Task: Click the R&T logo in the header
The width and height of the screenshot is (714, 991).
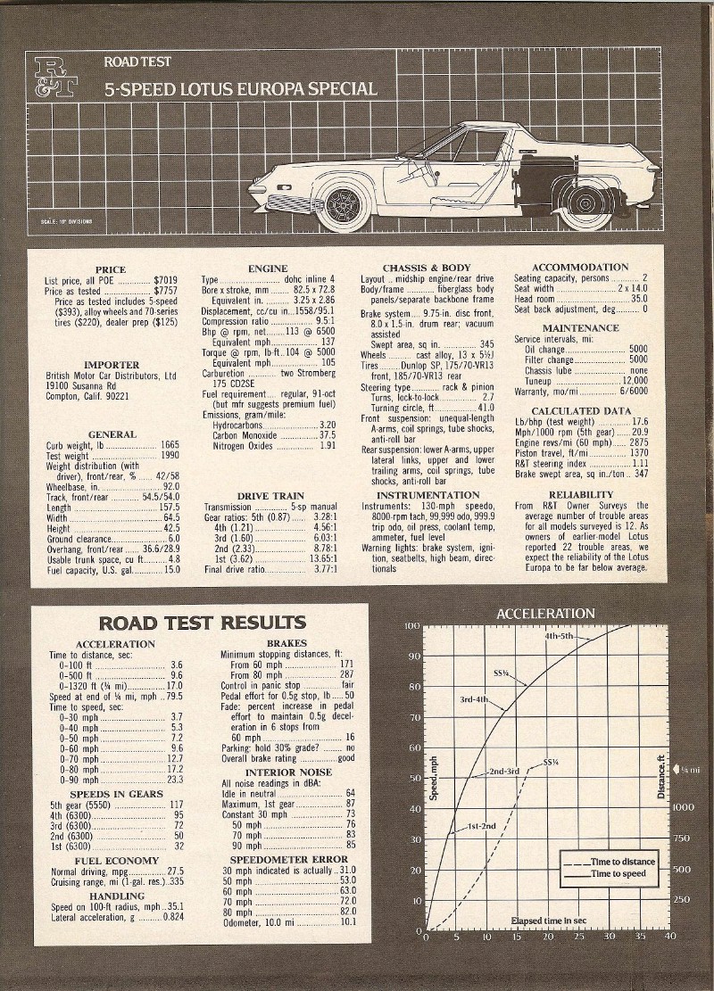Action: [x=55, y=76]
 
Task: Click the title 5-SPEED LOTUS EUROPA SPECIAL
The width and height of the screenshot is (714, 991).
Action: [x=240, y=89]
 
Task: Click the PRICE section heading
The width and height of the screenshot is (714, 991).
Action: [x=111, y=268]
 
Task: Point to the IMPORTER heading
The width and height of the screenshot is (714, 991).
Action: [x=111, y=365]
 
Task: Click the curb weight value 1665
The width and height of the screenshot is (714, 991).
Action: [x=170, y=444]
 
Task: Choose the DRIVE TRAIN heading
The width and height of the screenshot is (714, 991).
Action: [x=270, y=496]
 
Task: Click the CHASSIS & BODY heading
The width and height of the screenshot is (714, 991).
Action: [x=427, y=268]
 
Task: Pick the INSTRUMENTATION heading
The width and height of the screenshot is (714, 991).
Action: [x=428, y=495]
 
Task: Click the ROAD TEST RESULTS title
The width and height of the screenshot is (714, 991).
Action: [x=202, y=622]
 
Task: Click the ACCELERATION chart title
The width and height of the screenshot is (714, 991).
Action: [x=545, y=614]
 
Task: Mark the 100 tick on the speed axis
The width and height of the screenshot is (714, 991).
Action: [x=411, y=626]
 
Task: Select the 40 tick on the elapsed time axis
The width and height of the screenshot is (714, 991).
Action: [x=670, y=937]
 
